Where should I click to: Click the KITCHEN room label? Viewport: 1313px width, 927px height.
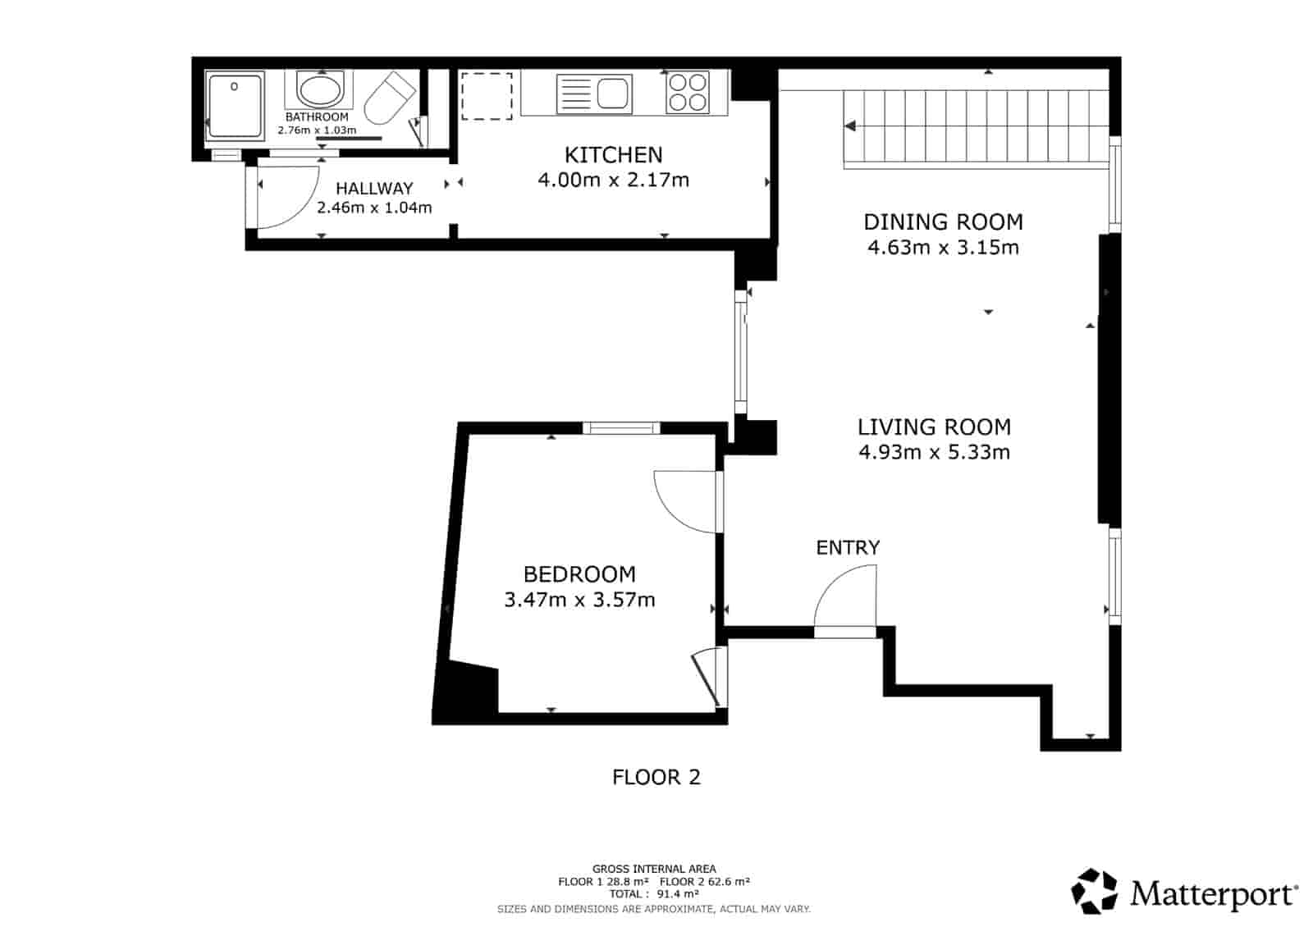coord(613,154)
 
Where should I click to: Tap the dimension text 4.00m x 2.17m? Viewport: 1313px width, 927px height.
coord(613,180)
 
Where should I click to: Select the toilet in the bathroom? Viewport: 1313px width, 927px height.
coord(389,97)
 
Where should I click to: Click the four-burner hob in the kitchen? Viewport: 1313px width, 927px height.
coord(687,92)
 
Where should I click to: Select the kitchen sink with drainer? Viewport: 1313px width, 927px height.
coord(595,93)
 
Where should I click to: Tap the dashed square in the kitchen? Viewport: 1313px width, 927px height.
coord(487,96)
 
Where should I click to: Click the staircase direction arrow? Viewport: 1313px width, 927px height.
coord(851,126)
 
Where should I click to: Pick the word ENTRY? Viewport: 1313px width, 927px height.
coord(848,547)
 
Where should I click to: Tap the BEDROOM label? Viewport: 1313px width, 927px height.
coord(579,574)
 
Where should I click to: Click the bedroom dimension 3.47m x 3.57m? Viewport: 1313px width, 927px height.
coord(579,600)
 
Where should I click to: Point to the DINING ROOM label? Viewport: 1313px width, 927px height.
coord(943,221)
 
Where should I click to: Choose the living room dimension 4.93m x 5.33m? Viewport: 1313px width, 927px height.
coord(934,452)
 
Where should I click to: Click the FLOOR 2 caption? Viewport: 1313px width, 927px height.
coord(656,777)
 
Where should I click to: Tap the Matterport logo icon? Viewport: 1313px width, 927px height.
coord(1094,891)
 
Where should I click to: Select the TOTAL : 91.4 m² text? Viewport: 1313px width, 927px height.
coord(654,894)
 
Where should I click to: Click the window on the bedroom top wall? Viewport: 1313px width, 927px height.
coord(621,427)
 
